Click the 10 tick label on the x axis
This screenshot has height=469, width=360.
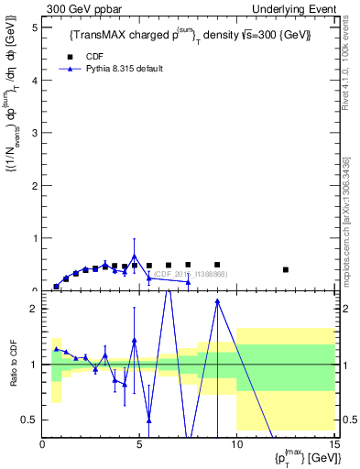click(x=235, y=444)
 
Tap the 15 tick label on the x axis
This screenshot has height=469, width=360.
click(x=333, y=444)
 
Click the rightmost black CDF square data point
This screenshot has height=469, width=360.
click(x=286, y=269)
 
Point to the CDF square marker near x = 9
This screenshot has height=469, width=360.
click(x=217, y=265)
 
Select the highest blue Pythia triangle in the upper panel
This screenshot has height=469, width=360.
click(x=135, y=256)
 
